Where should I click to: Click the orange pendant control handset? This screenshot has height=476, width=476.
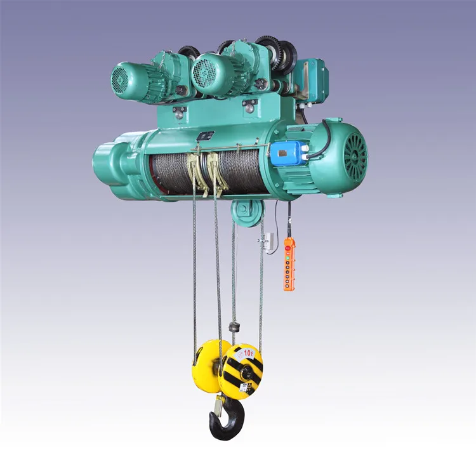(289, 264)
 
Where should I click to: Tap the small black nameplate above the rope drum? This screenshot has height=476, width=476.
(205, 135)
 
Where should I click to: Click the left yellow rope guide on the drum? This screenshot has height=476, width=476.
(197, 171)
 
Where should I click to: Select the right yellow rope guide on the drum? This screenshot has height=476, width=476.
(218, 171)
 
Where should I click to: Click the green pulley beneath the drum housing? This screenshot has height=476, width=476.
(246, 211)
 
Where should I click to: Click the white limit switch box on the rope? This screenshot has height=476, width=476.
(268, 241)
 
